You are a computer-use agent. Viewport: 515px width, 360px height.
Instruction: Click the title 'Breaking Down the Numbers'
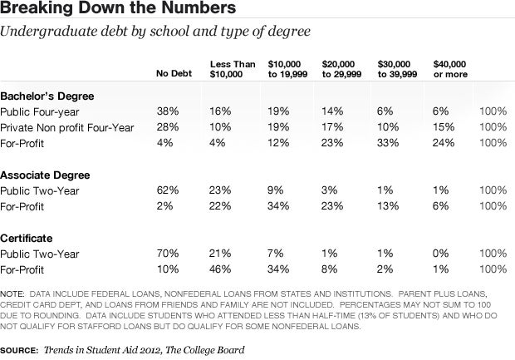pos(117,10)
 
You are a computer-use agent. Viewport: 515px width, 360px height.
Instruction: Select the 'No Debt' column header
pos(173,75)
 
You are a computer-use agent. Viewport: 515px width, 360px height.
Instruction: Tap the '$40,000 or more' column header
pos(451,68)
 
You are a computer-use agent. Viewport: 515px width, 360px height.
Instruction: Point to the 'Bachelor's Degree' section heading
pos(47,96)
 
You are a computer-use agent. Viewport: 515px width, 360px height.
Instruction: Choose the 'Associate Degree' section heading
pos(45,175)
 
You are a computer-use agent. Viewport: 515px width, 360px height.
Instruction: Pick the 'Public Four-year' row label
pos(38,111)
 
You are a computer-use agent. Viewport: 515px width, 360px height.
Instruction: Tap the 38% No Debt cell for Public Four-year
pos(166,111)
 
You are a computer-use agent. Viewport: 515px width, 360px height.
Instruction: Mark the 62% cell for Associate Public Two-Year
pos(166,190)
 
